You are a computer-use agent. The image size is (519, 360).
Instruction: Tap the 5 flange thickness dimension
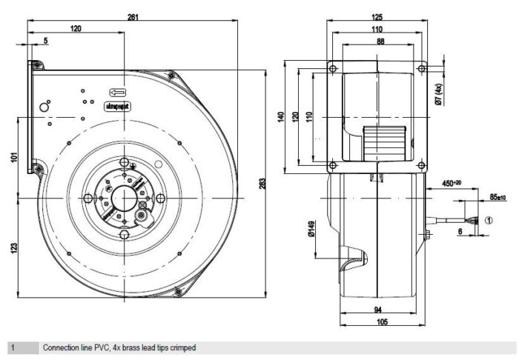click(x=46, y=41)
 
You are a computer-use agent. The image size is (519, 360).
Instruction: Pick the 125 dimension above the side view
click(x=377, y=17)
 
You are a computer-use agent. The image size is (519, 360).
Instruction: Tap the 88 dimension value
click(x=380, y=41)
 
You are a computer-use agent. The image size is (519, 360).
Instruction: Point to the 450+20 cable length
click(x=452, y=183)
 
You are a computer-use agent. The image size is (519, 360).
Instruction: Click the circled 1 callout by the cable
click(x=489, y=219)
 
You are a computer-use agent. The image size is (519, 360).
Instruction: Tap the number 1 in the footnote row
click(x=13, y=347)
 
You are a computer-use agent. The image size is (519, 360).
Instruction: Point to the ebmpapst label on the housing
click(x=118, y=107)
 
